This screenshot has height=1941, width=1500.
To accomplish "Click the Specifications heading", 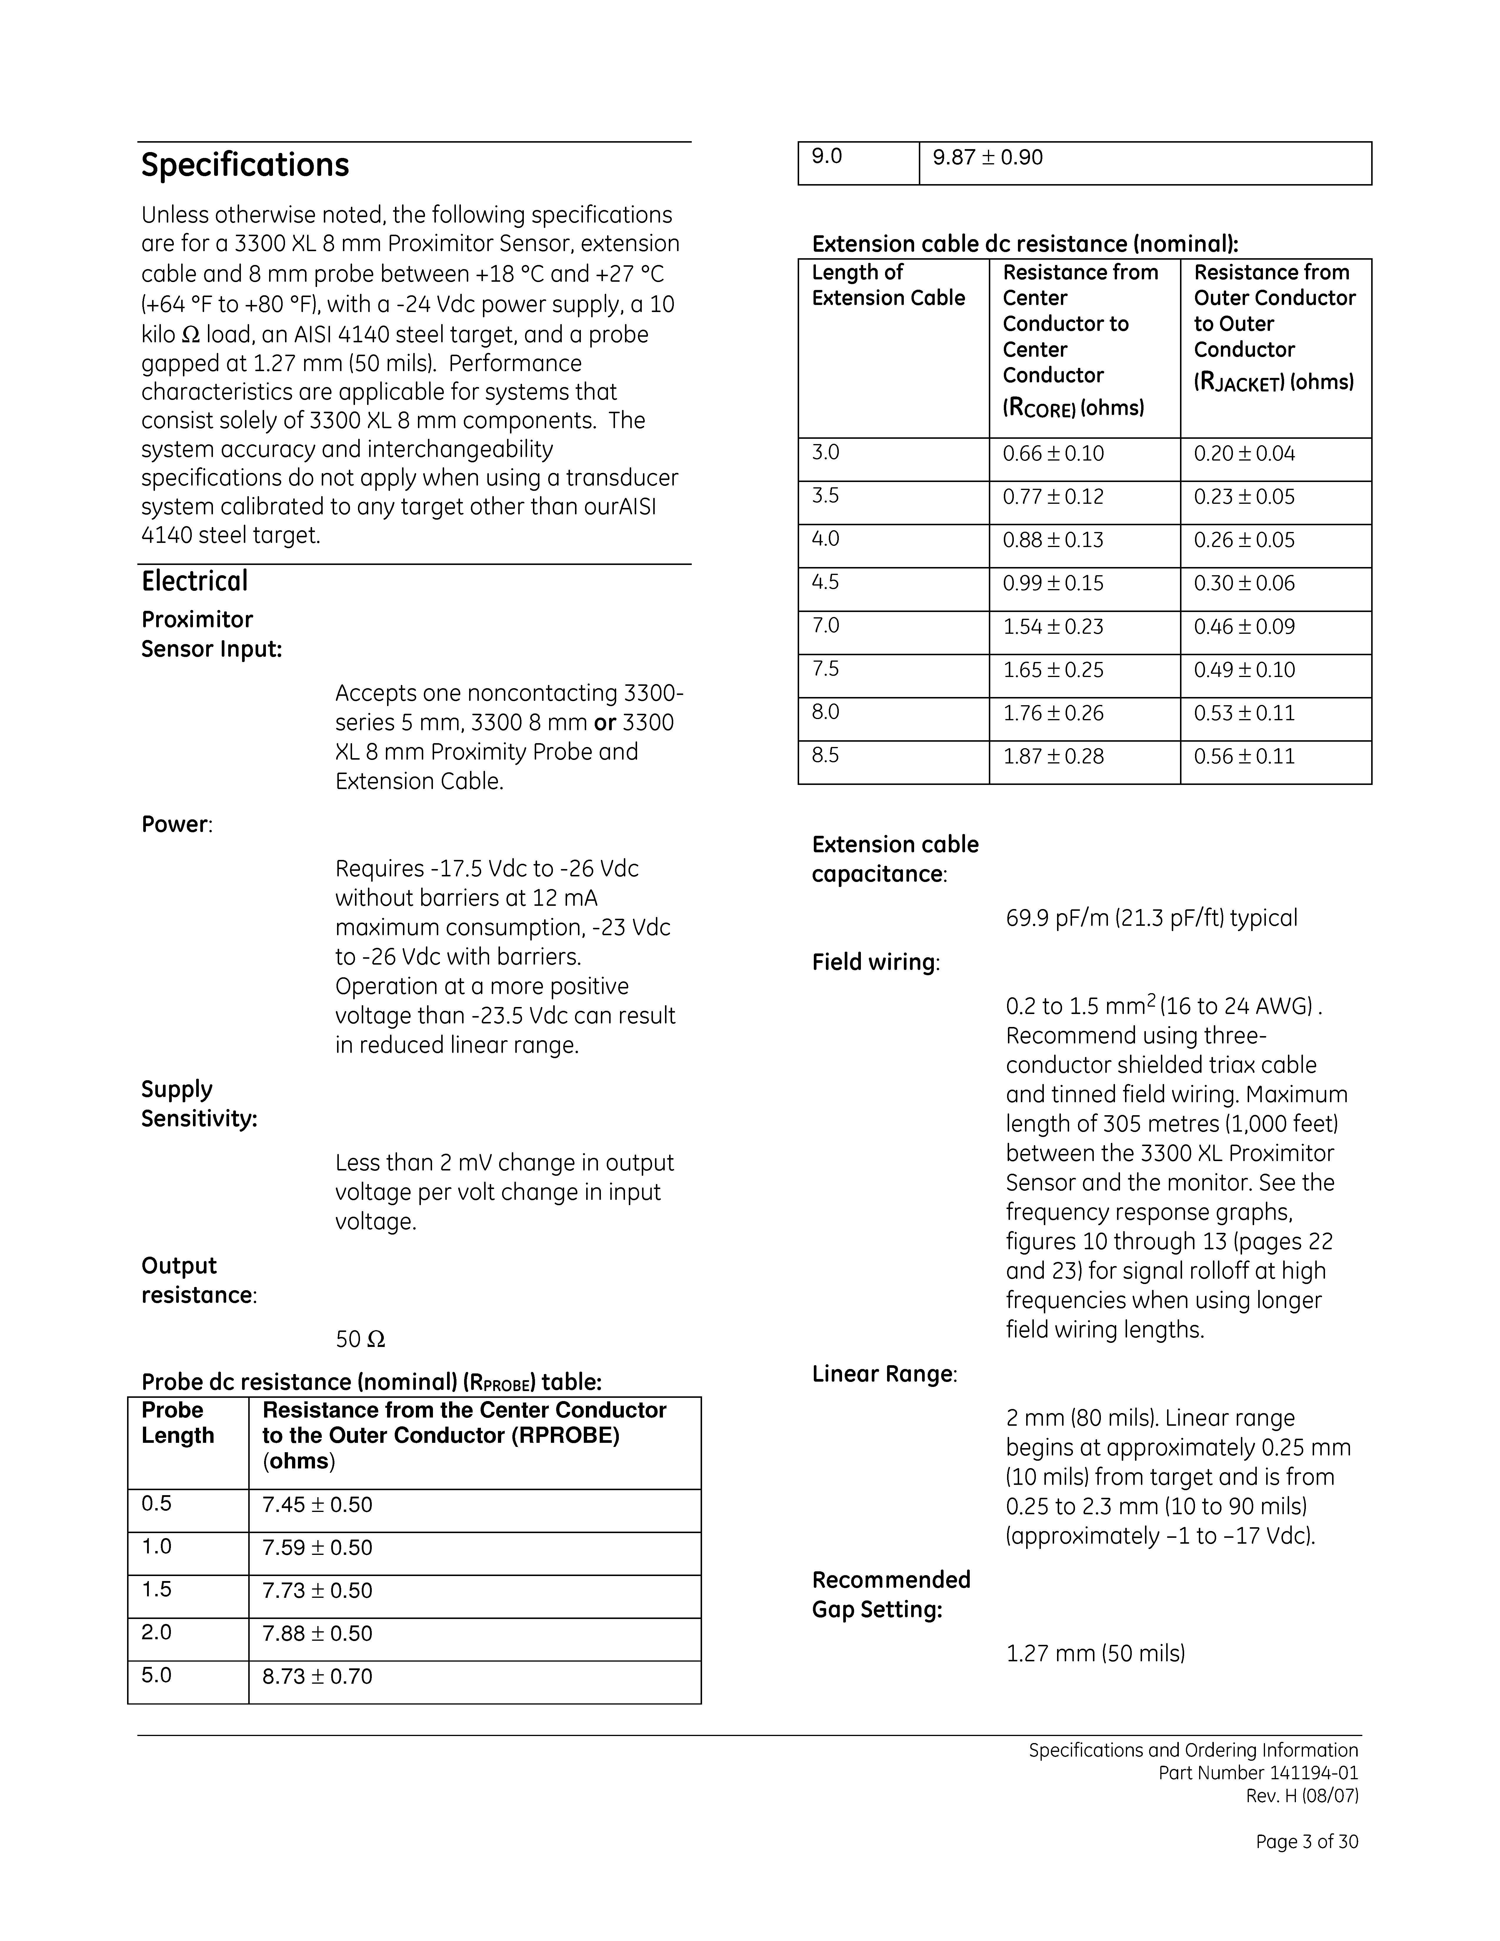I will [245, 165].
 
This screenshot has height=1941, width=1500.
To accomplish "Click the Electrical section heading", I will [195, 581].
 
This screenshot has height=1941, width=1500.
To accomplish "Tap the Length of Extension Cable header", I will [888, 285].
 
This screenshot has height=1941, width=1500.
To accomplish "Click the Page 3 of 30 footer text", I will [1306, 1842].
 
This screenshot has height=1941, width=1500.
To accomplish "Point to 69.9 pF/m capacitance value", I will [1151, 918].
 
